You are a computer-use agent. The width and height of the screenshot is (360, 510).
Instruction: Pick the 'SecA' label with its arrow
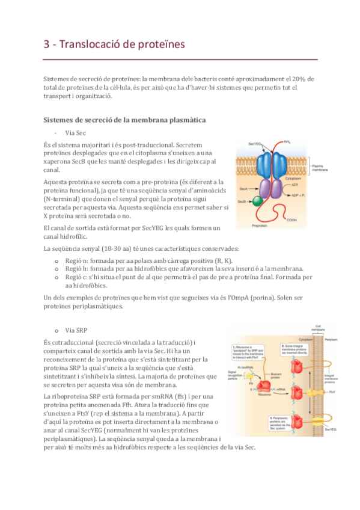243,188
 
